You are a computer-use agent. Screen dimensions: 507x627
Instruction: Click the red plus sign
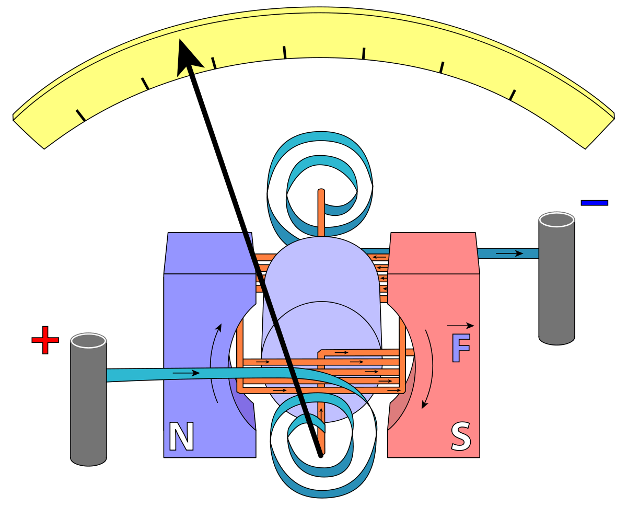click(45, 340)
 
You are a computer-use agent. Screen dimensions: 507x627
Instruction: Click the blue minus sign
click(594, 202)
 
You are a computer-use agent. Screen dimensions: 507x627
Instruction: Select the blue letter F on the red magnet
click(461, 348)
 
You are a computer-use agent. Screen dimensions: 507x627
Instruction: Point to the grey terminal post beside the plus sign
click(89, 400)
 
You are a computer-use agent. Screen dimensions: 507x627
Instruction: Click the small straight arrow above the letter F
click(460, 326)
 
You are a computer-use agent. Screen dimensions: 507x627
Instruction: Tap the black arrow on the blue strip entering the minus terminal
click(509, 254)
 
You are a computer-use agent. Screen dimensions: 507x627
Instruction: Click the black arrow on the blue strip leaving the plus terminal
click(186, 373)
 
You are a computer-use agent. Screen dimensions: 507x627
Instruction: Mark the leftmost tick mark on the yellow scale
click(80, 116)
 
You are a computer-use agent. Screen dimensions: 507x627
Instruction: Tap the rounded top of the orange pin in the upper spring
click(321, 192)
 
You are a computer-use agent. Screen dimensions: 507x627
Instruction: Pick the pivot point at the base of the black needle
click(320, 455)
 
